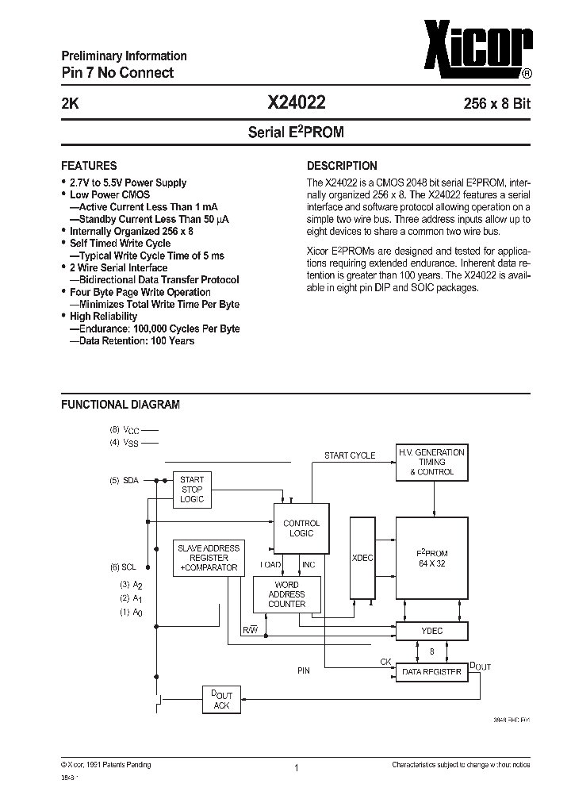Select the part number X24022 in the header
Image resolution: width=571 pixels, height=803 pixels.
pos(296,102)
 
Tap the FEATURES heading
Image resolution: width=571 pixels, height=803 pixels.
pos(89,166)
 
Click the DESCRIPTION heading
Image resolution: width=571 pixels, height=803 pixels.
pos(342,166)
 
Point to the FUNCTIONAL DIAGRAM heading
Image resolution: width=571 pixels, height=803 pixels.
pos(121,404)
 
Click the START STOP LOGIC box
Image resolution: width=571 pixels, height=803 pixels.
pos(192,490)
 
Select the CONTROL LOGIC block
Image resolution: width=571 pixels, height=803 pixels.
pos(301,528)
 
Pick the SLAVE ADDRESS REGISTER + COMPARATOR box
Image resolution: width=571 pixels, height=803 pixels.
pos(208,558)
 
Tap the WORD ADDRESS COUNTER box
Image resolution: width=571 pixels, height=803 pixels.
pos(286,594)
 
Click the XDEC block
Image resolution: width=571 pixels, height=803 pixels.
pos(362,558)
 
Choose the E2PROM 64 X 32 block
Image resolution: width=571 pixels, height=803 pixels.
pos(432,558)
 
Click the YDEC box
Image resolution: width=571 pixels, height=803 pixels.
pos(432,631)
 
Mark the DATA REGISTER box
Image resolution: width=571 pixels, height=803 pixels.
pos(432,671)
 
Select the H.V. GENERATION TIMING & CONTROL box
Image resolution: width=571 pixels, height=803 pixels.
pos(432,462)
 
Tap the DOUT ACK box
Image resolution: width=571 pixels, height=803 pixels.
pos(222,700)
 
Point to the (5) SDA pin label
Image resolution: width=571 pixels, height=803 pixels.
pos(125,481)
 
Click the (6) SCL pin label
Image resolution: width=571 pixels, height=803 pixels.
pos(125,567)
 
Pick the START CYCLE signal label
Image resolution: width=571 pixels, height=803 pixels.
pos(350,455)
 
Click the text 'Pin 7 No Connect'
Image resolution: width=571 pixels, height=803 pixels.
pos(117,73)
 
